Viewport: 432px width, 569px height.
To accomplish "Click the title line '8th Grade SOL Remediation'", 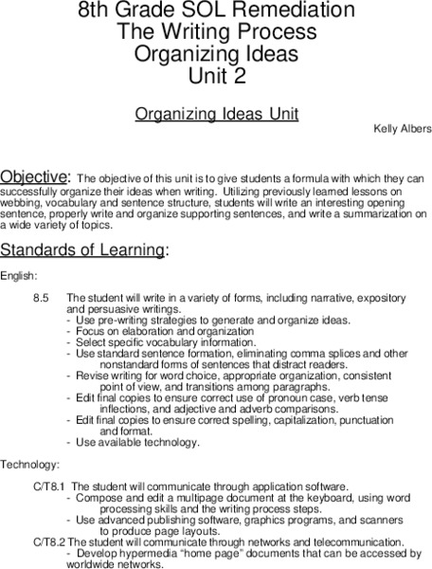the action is coord(216,12).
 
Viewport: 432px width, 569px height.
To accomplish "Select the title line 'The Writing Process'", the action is coord(216,32).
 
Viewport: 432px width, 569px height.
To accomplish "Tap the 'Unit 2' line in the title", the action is coord(216,73).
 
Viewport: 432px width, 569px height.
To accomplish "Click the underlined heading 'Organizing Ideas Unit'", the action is coord(216,114).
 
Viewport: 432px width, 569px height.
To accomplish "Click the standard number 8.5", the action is coord(41,299).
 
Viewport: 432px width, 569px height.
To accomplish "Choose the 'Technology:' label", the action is coord(30,465).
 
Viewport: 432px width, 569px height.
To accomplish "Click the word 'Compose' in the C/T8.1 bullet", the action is coord(98,498).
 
